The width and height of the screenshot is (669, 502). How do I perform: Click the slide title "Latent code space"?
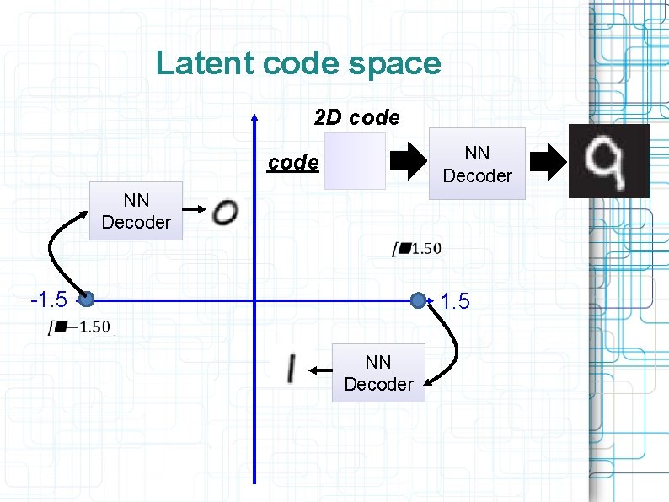[298, 64]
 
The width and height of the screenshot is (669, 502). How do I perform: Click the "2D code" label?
[356, 118]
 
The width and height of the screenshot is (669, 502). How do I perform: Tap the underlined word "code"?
[292, 162]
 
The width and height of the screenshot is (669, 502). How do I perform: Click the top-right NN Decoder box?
[477, 164]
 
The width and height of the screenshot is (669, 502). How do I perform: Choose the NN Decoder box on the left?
[136, 211]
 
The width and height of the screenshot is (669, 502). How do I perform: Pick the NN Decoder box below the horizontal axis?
[378, 373]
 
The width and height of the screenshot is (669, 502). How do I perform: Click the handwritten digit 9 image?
[609, 161]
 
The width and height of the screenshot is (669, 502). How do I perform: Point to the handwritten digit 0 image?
[225, 211]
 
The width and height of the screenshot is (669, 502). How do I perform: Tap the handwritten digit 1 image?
[291, 369]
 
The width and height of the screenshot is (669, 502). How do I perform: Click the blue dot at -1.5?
[86, 299]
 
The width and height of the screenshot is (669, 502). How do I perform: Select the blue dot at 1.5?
[419, 300]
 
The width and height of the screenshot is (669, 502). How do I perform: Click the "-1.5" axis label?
[48, 300]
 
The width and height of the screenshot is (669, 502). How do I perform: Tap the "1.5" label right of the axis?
[455, 301]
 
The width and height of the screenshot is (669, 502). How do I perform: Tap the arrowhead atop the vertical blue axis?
[254, 119]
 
